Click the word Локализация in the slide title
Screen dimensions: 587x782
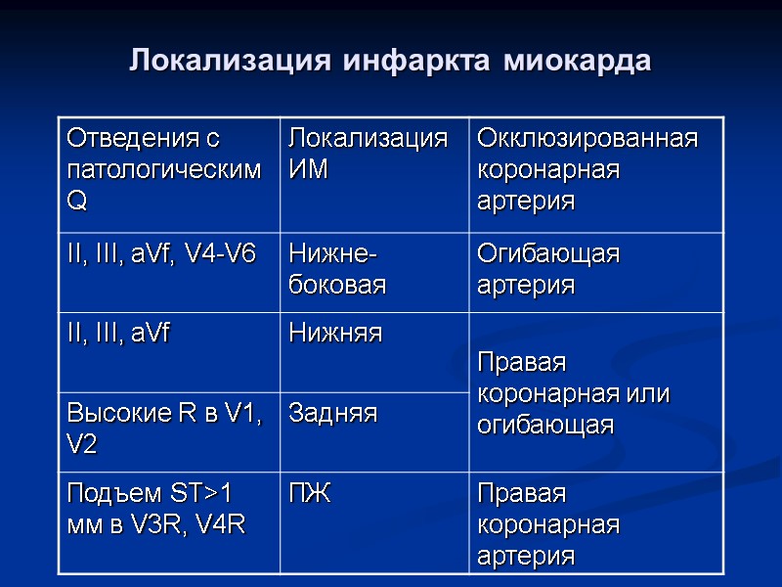pyautogui.click(x=231, y=61)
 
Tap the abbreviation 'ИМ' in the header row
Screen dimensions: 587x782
pyautogui.click(x=309, y=170)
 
